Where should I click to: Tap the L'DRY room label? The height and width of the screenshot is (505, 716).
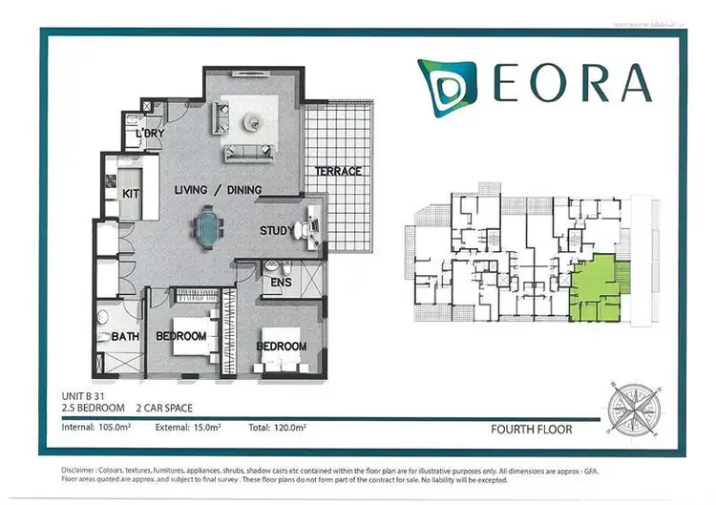pyautogui.click(x=150, y=134)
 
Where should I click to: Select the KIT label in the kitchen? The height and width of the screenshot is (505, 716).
pyautogui.click(x=131, y=194)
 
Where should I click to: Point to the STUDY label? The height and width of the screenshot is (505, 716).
pyautogui.click(x=277, y=231)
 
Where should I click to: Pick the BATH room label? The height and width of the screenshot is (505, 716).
pyautogui.click(x=125, y=336)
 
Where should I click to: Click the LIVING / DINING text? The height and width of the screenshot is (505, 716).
pyautogui.click(x=218, y=190)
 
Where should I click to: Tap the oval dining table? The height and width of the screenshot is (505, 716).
pyautogui.click(x=206, y=227)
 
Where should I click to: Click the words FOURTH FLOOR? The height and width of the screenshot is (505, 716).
pyautogui.click(x=531, y=430)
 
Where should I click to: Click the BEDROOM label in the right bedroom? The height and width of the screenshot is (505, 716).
pyautogui.click(x=281, y=347)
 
